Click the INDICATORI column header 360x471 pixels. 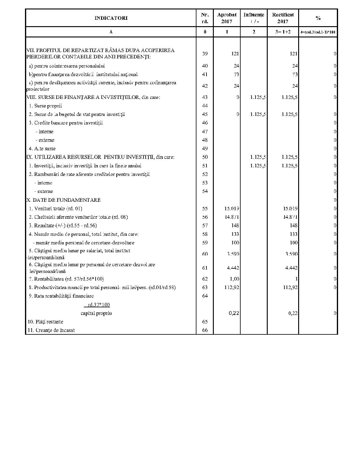click(111, 18)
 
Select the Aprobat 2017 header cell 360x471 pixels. click(227, 18)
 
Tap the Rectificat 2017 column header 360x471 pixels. click(283, 18)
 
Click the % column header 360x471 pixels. click(318, 18)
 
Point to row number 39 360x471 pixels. click(205, 54)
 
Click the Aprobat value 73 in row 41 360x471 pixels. click(236, 75)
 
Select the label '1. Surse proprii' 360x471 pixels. click(45, 106)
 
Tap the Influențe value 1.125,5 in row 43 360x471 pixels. click(258, 97)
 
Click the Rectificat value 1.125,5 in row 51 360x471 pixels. click(289, 166)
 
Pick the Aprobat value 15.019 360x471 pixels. click(232, 209)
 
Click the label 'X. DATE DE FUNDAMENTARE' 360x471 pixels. click(64, 200)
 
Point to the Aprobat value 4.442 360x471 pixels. click(233, 268)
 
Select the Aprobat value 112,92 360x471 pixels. click(232, 288)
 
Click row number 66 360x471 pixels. click(205, 330)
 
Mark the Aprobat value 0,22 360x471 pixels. click(234, 313)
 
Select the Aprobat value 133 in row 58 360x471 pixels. click(235, 234)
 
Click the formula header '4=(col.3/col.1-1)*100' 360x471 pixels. click(318, 32)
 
